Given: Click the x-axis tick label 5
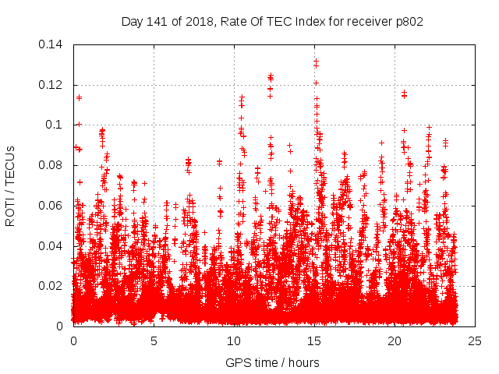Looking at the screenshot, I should pyautogui.click(x=154, y=340).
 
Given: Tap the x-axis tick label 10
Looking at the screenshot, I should pyautogui.click(x=235, y=340).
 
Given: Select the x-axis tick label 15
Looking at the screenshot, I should pyautogui.click(x=315, y=340).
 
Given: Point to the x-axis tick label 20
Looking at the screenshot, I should pyautogui.click(x=395, y=340).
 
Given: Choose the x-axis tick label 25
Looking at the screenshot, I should pyautogui.click(x=476, y=340).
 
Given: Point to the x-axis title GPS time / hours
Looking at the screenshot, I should pyautogui.click(x=272, y=362).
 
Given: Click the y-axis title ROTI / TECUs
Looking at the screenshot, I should pyautogui.click(x=11, y=185).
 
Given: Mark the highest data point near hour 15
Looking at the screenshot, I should pyautogui.click(x=316, y=62).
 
